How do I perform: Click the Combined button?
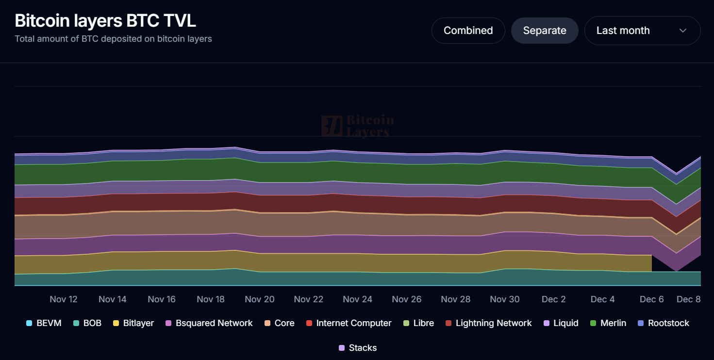click(x=468, y=31)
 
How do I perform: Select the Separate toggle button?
click(x=545, y=31)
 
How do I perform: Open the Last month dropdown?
click(x=642, y=31)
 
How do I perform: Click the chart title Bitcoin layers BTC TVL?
click(x=105, y=21)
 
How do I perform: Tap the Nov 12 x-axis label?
click(x=64, y=299)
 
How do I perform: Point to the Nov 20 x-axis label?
click(x=260, y=299)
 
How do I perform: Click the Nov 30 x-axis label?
click(x=505, y=299)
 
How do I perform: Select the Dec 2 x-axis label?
click(x=554, y=299)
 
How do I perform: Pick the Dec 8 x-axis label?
click(x=688, y=299)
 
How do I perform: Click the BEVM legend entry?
click(x=44, y=323)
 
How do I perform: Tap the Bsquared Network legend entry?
click(x=209, y=323)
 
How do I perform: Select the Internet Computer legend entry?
click(x=349, y=323)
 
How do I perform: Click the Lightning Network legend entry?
click(x=489, y=323)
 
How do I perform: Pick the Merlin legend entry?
click(x=608, y=323)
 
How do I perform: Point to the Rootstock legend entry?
click(x=664, y=323)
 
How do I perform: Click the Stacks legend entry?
click(x=357, y=348)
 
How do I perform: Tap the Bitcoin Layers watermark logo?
click(x=357, y=126)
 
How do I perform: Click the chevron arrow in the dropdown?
click(x=683, y=31)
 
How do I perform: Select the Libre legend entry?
click(x=418, y=323)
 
